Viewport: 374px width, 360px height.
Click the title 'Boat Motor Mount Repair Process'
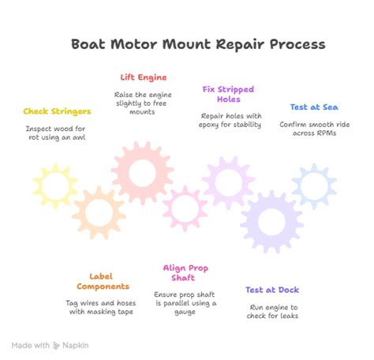pos(197,44)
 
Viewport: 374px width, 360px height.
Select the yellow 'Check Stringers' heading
pos(56,111)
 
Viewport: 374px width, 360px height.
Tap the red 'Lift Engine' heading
pos(144,77)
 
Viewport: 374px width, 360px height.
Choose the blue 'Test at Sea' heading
pos(314,107)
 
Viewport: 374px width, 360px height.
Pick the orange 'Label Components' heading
pos(103,280)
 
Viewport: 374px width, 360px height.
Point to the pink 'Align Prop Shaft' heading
pos(185,273)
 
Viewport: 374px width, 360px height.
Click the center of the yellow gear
pos(55,186)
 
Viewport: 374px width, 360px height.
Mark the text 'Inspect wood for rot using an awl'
pos(55,133)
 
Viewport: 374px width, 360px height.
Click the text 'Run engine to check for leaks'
pos(272,312)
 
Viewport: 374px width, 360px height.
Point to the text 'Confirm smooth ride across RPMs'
pos(314,129)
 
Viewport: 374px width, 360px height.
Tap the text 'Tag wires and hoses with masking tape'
pos(103,307)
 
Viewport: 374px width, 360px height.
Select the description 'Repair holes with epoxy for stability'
pos(230,119)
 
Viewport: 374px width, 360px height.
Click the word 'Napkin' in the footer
pos(77,345)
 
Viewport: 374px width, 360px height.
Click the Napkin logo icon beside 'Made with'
pos(56,345)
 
